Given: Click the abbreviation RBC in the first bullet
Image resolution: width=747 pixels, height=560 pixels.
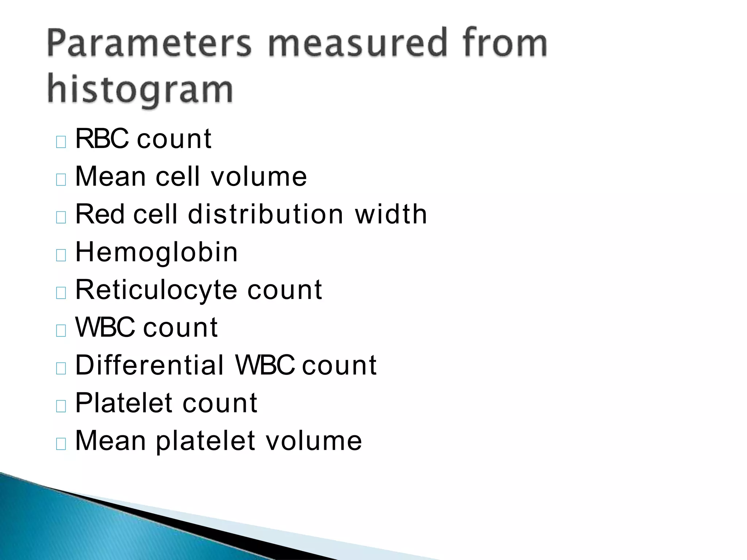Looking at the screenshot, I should point(102,139).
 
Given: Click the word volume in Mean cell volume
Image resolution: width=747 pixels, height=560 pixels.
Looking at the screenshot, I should point(259,176).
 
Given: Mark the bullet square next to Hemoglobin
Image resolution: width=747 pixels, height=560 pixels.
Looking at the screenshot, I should point(61,255).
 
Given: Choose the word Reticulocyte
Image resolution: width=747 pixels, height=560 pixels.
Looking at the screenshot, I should point(156,290).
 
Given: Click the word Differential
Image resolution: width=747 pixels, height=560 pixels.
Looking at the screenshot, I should point(150,365).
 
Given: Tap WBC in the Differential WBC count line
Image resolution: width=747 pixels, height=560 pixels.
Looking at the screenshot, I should point(265,365).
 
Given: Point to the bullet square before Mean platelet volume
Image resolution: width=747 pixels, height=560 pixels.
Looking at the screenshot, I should point(61,443).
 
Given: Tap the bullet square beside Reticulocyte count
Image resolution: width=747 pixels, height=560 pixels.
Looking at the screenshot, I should point(61,293).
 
